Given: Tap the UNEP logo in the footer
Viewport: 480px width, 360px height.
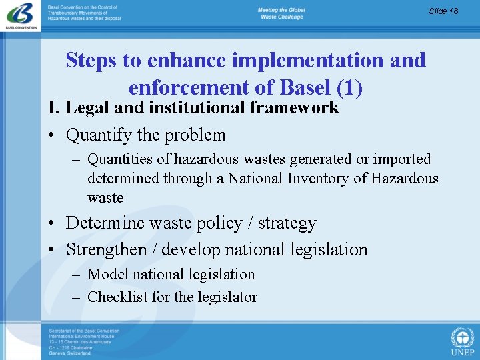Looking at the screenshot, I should (462, 341).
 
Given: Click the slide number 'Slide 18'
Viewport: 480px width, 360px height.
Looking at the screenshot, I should (443, 11).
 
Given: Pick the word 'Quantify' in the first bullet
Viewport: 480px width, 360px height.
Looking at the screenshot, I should (99, 135).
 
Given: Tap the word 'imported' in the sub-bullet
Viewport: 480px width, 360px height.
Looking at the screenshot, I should (401, 159).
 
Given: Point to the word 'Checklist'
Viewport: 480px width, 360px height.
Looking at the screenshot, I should (118, 297).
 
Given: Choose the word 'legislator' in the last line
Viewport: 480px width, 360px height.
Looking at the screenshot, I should (227, 297).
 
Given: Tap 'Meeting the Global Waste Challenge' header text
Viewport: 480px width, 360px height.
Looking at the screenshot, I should (281, 13).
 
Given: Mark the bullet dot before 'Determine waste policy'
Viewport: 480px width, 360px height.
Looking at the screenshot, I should (51, 223).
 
